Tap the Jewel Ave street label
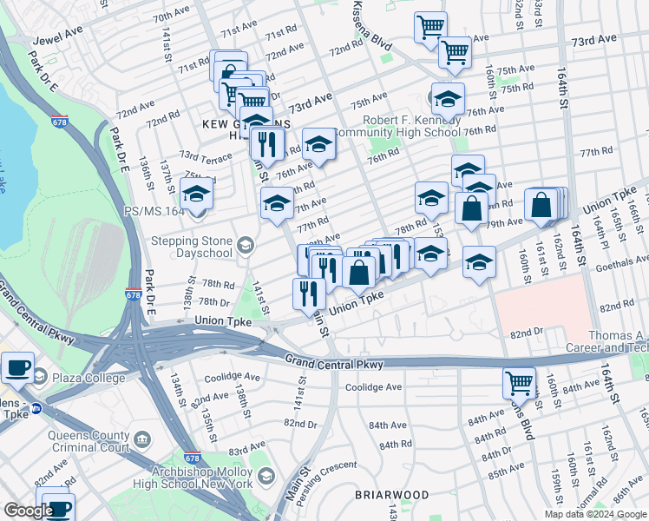(57, 40)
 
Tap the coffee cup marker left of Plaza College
(17, 366)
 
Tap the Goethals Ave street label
(618, 259)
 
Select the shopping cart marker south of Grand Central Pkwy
(519, 383)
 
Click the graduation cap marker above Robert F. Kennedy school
(448, 98)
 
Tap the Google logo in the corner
(28, 511)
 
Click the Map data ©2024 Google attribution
(594, 514)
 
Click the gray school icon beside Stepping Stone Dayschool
(246, 247)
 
